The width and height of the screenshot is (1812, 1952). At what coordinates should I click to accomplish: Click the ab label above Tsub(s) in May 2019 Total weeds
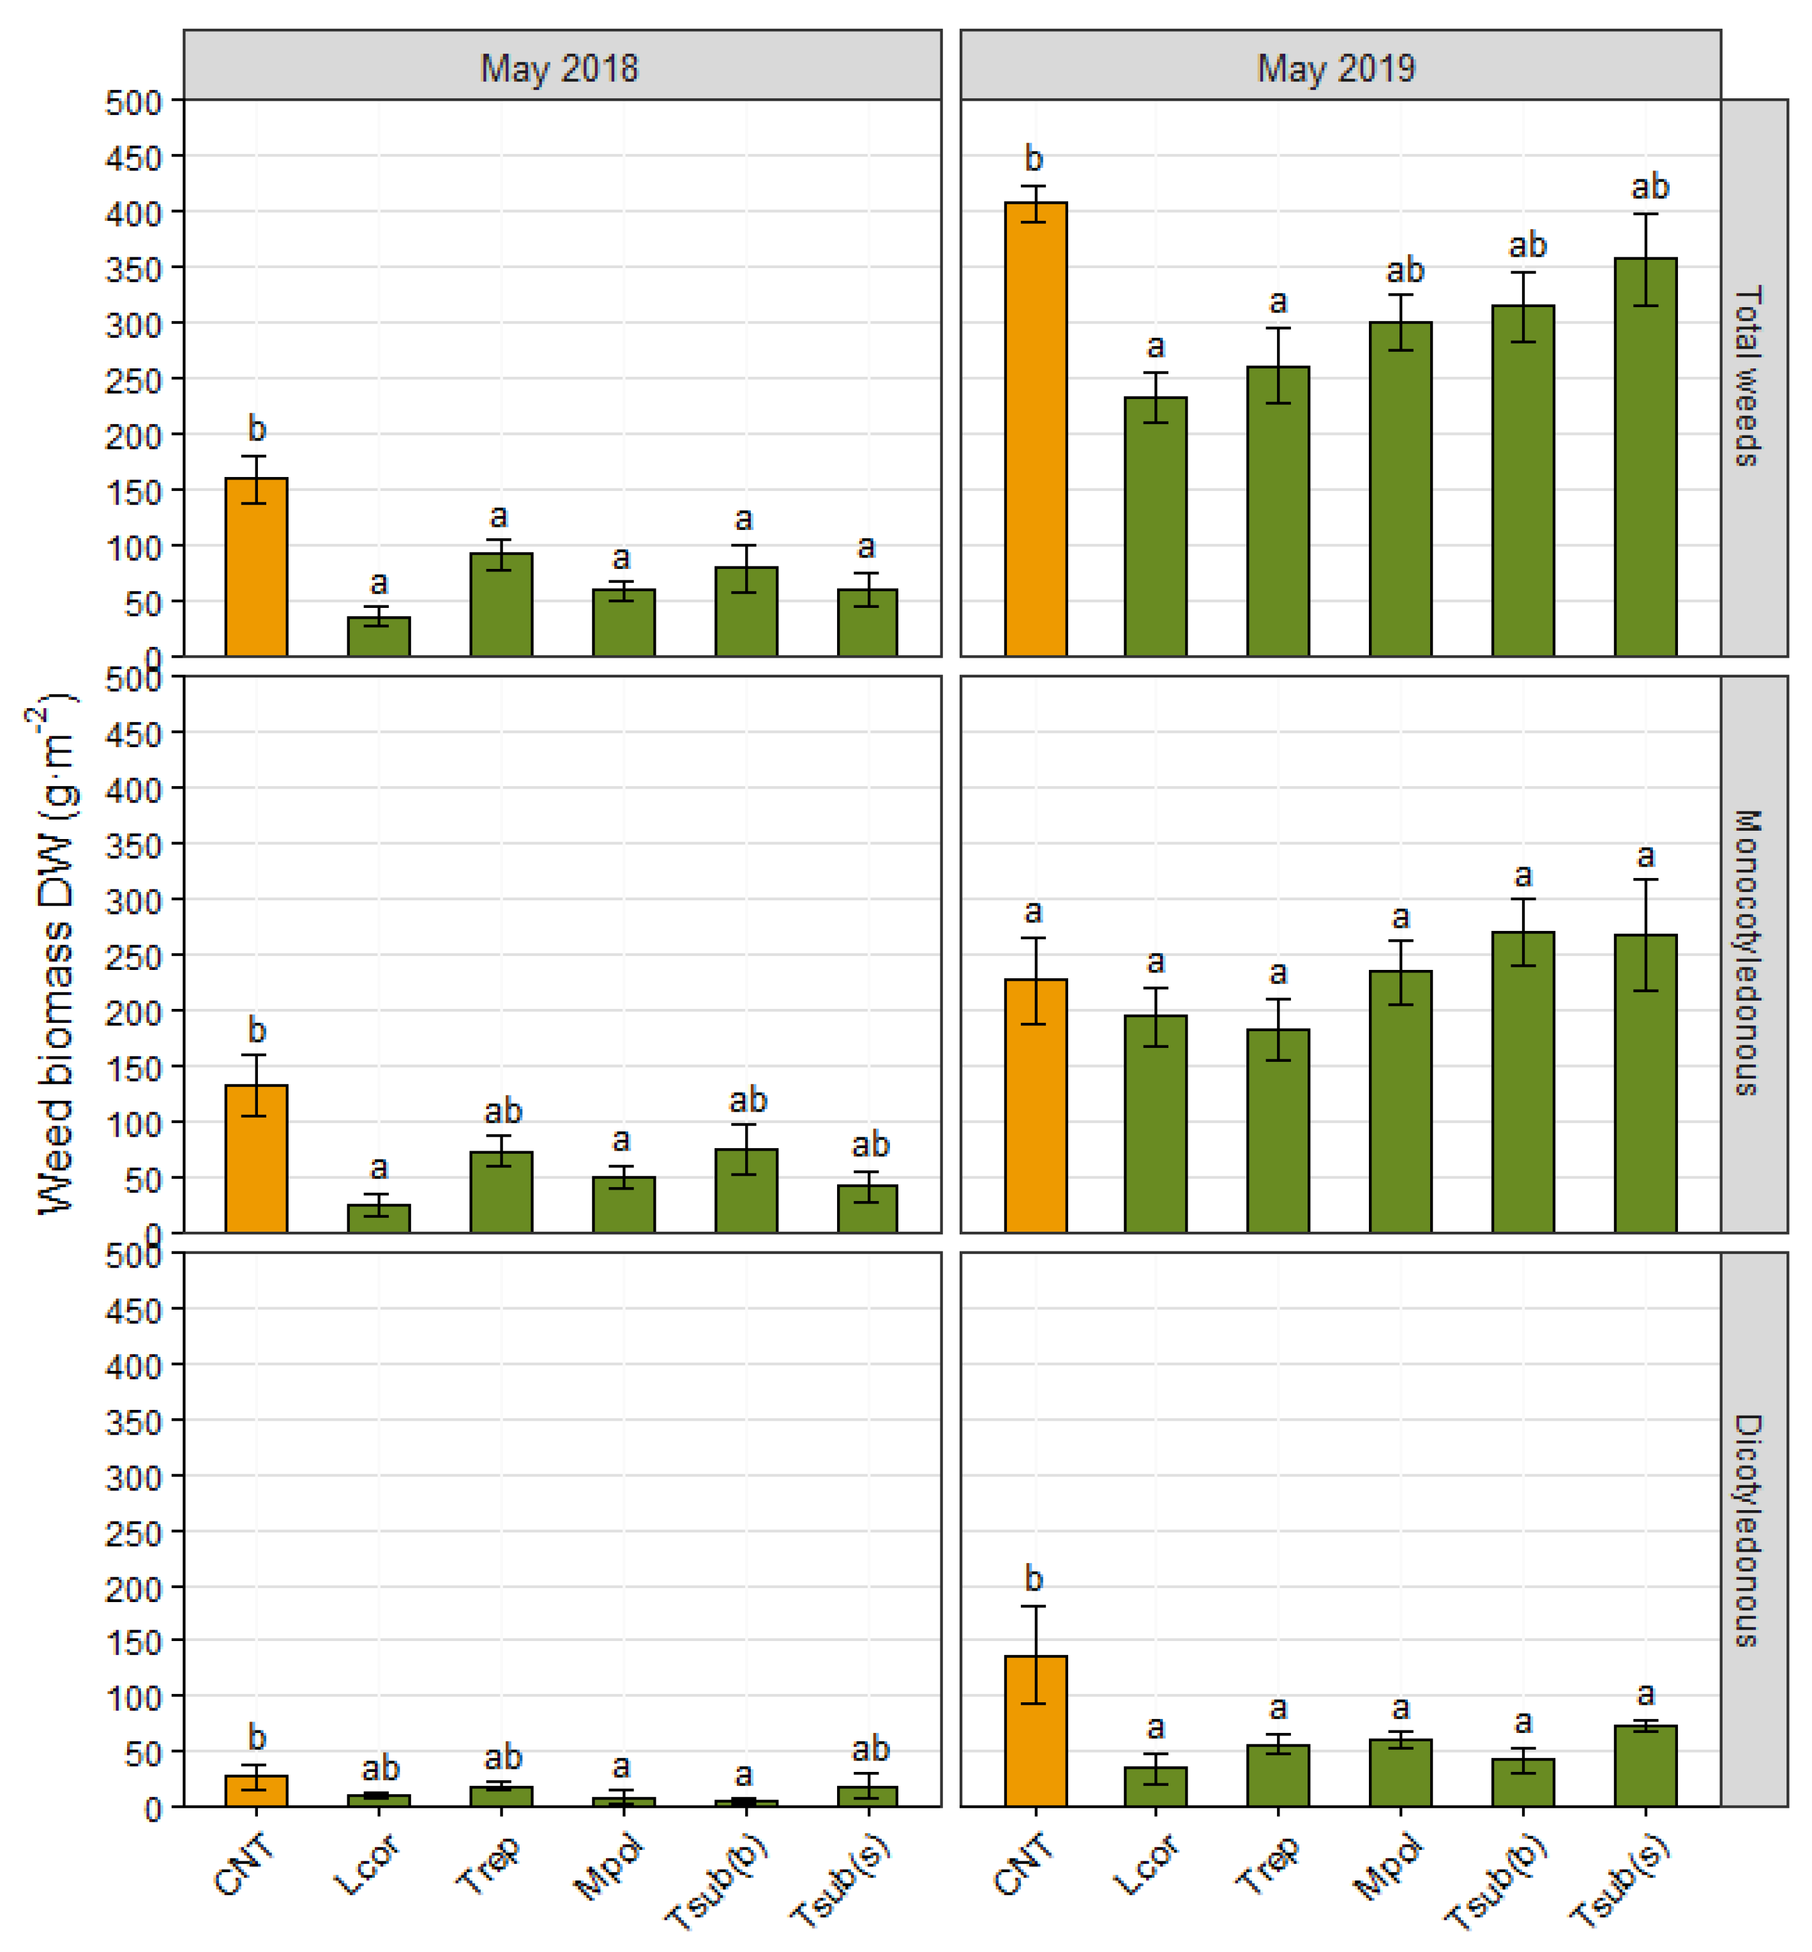(x=1649, y=186)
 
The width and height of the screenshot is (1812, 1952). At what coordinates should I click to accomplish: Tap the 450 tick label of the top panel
(x=133, y=157)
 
